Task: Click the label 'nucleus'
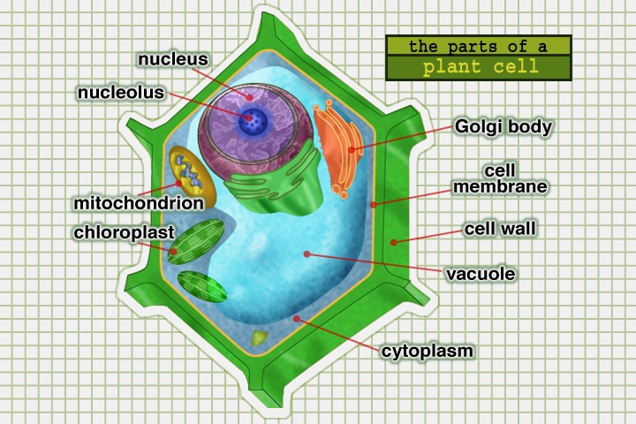172,60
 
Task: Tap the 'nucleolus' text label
121,92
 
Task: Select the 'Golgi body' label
503,126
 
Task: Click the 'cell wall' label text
501,229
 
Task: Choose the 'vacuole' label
481,273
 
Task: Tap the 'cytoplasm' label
428,351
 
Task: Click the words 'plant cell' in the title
479,67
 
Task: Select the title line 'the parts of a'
479,45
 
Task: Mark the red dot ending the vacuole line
307,254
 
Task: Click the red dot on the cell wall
394,240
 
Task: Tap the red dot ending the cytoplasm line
298,318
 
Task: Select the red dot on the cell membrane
374,204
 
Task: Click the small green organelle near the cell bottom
259,337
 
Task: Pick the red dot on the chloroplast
174,252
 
